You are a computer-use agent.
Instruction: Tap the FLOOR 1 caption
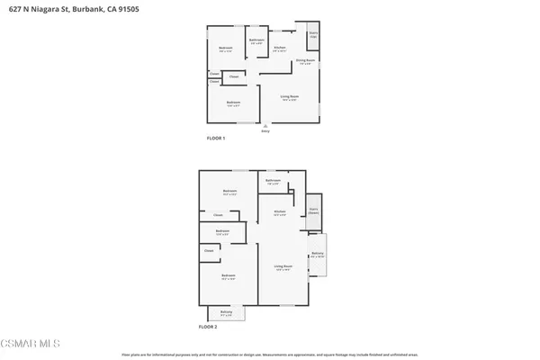(216, 139)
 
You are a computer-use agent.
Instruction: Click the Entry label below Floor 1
(265, 131)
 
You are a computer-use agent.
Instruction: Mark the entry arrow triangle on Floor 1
(265, 125)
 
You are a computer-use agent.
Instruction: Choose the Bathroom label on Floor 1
(256, 40)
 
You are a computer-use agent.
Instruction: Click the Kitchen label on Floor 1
(280, 47)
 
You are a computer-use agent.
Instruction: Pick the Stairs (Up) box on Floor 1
(313, 35)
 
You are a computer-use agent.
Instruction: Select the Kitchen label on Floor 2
(280, 212)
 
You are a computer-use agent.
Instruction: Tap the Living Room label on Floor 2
(283, 266)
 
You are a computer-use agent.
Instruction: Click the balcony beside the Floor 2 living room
(318, 255)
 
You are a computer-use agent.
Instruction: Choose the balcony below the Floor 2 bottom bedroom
(226, 312)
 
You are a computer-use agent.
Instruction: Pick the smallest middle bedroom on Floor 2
(222, 231)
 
